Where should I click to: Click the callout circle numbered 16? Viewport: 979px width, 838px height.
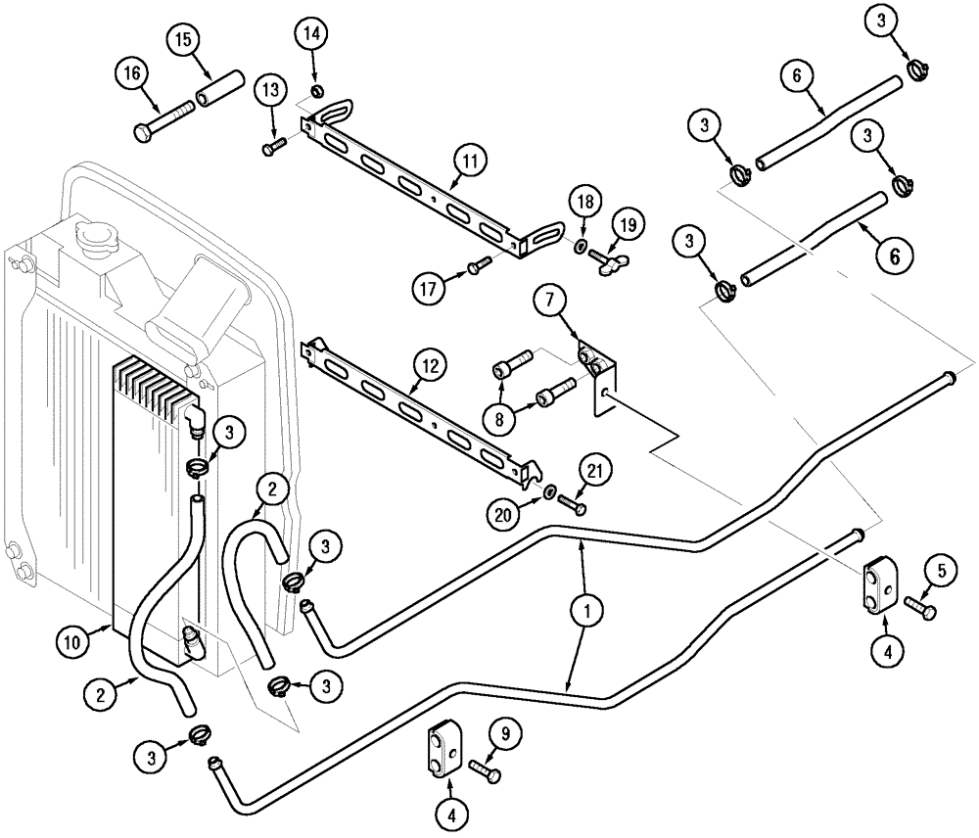[131, 73]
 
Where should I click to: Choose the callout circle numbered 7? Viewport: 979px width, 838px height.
[548, 300]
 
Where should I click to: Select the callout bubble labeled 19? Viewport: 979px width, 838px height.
[628, 225]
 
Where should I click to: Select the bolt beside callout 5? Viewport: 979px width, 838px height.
[920, 607]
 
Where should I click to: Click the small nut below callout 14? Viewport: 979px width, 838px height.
[315, 92]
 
